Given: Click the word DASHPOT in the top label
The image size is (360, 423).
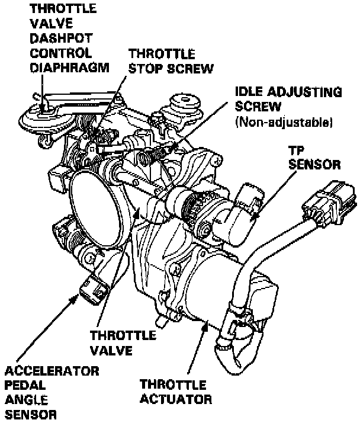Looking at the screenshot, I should coord(56,39).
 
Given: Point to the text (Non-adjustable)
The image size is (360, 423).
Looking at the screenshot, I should coord(284,124).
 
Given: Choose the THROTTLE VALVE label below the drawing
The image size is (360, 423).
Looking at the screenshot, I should coord(123,342).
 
